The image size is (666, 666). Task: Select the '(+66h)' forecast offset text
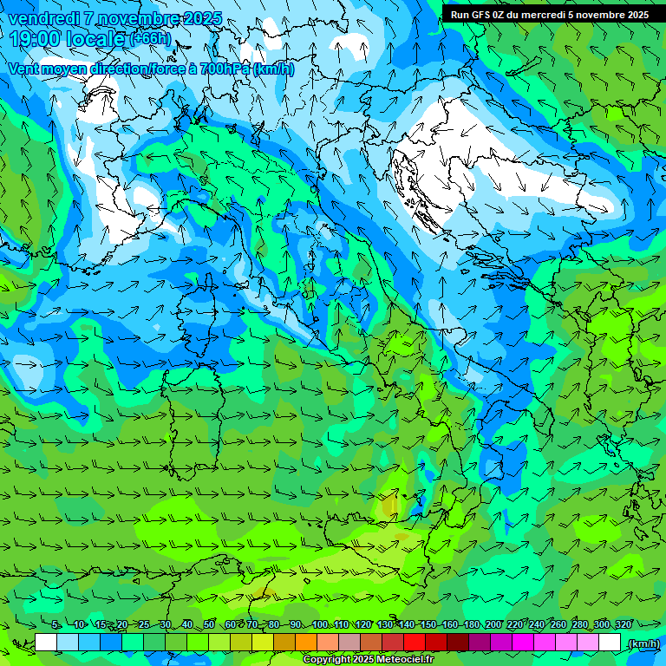pos(150,40)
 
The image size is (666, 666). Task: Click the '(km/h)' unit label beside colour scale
pos(643,643)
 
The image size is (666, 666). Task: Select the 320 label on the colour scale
pos(623,624)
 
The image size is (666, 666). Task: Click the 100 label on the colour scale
pos(318,624)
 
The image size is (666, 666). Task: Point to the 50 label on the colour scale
pos(209,624)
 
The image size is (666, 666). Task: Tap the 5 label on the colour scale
pos(55,624)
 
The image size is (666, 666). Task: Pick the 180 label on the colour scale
pos(471,624)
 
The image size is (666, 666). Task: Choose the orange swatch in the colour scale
pos(306,643)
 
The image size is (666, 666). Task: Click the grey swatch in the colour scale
pos(349,643)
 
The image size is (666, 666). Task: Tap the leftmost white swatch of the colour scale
pos(46,643)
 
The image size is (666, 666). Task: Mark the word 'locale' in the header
pos(98,40)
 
